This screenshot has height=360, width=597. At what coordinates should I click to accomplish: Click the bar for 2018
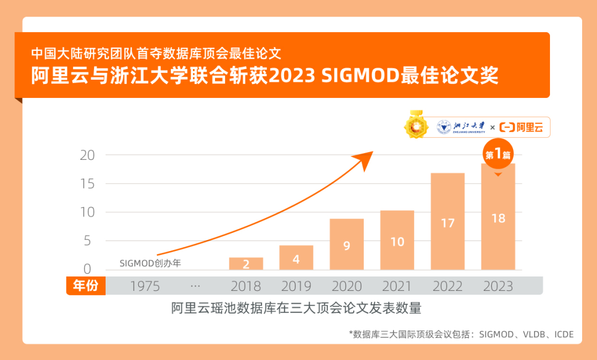pos(246,264)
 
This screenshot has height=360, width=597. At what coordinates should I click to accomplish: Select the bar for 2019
pos(296,258)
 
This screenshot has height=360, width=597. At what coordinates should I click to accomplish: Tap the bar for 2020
pos(347,244)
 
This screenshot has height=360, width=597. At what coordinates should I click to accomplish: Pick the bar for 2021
pos(397,240)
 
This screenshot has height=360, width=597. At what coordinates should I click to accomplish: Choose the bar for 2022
pos(448,221)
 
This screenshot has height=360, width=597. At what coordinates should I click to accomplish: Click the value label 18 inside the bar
pos(498,218)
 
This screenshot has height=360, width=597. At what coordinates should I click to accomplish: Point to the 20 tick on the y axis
pos(87,155)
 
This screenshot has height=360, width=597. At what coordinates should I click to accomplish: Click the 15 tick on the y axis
pos(87,184)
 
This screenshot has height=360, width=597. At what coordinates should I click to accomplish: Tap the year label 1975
pos(145,286)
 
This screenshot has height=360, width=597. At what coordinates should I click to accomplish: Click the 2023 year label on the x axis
pos(498,286)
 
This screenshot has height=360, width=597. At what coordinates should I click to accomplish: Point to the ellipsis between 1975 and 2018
pos(195,286)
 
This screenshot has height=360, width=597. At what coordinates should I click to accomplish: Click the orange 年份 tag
pos(86,286)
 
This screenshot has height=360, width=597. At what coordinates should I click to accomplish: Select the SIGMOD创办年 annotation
pos(150,263)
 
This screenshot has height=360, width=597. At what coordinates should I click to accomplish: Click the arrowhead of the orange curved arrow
pos(365,157)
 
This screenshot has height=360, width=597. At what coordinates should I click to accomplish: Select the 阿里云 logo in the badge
pos(521,128)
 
